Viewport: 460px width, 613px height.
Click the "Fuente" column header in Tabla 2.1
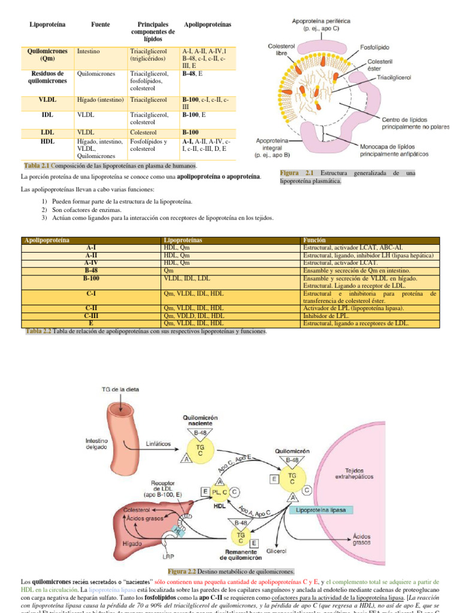99,24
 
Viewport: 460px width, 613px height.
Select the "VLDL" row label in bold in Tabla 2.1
47,101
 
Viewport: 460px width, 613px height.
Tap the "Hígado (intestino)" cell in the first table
100,101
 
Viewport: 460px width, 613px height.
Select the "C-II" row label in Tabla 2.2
92,308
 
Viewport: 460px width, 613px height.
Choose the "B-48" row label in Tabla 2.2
92,271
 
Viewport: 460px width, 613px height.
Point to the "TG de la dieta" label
119,390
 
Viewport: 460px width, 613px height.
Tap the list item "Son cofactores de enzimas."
86,210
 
